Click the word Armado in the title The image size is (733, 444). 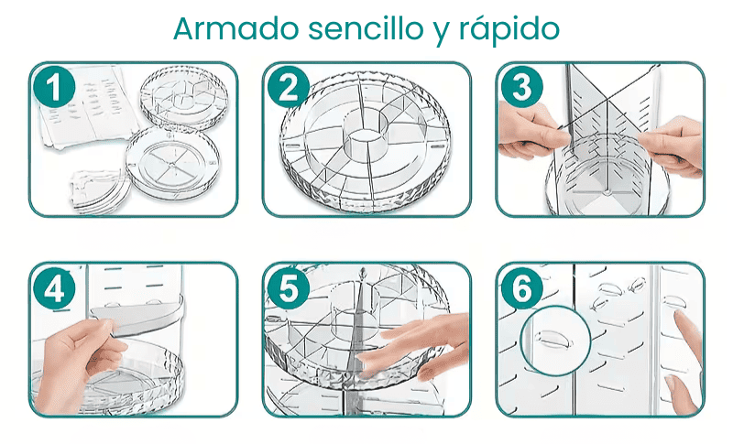point(236,28)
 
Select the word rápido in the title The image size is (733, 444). point(509,30)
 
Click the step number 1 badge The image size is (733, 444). point(54,87)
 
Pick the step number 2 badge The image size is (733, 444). point(288,87)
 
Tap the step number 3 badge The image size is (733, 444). point(521,87)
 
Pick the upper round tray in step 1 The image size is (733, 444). point(184,99)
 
